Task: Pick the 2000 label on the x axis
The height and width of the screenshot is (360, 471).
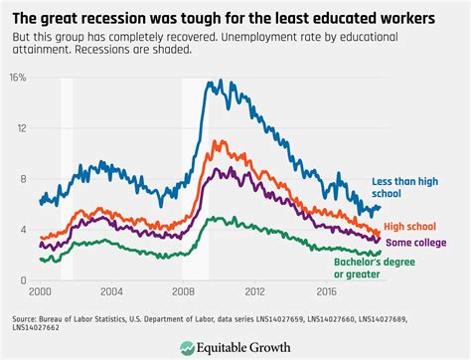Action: coord(40,292)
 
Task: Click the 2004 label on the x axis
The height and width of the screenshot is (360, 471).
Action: coord(111,292)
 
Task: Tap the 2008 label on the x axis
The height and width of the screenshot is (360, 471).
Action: coord(183,292)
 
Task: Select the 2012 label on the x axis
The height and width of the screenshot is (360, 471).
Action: coord(254,292)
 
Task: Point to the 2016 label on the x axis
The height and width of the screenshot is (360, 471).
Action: coord(326,292)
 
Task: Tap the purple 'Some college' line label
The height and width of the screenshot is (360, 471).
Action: coord(414,242)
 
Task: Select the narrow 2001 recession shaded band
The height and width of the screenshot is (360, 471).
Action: coord(67,179)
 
